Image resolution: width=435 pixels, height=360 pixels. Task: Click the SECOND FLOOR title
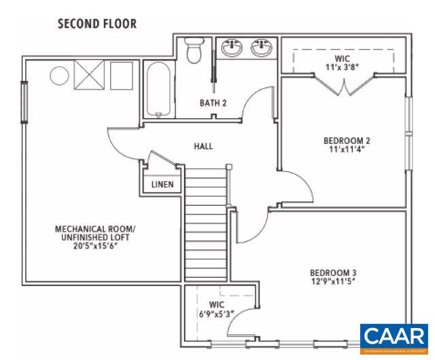point(97,24)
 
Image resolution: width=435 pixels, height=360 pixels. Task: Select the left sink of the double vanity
point(233,48)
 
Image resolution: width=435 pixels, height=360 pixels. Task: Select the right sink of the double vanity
point(260,48)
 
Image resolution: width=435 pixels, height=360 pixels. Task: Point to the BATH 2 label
point(212,103)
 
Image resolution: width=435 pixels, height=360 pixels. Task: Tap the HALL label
point(203,146)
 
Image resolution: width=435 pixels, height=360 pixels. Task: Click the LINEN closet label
point(162,184)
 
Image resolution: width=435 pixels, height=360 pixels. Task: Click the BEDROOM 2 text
point(347,141)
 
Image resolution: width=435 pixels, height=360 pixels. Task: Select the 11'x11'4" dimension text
point(347,150)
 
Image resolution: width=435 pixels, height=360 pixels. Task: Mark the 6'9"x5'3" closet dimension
point(217,313)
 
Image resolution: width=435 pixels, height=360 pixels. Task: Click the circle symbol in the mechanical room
point(58,74)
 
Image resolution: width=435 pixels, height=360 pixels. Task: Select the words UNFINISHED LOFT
point(95,238)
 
